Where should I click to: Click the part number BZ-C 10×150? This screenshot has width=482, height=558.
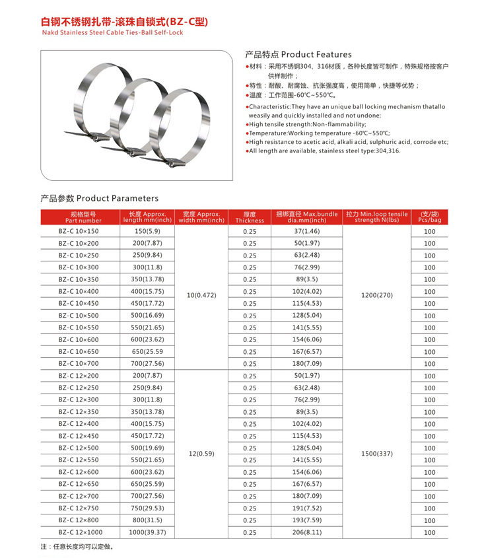pyautogui.click(x=79, y=232)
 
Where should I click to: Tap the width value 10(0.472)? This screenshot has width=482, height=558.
pyautogui.click(x=202, y=295)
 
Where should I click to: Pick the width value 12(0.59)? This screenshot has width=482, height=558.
pyautogui.click(x=202, y=454)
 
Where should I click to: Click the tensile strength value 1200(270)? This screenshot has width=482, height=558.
pyautogui.click(x=377, y=295)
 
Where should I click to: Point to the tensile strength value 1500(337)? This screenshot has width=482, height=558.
pyautogui.click(x=377, y=454)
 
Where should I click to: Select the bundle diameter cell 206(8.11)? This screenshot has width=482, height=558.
pyautogui.click(x=306, y=532)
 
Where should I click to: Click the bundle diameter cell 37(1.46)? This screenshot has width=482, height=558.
pyautogui.click(x=306, y=232)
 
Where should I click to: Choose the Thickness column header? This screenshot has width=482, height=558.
pyautogui.click(x=250, y=217)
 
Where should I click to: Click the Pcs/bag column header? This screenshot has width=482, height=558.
pyautogui.click(x=430, y=217)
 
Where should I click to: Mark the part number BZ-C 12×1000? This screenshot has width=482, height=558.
pyautogui.click(x=81, y=532)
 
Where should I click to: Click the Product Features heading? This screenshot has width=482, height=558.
pyautogui.click(x=298, y=54)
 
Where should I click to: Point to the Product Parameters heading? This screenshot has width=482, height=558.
pyautogui.click(x=100, y=198)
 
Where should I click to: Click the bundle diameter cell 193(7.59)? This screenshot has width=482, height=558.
pyautogui.click(x=306, y=520)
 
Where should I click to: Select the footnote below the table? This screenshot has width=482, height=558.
pyautogui.click(x=77, y=547)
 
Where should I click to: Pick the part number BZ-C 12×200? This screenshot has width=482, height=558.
pyautogui.click(x=79, y=376)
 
